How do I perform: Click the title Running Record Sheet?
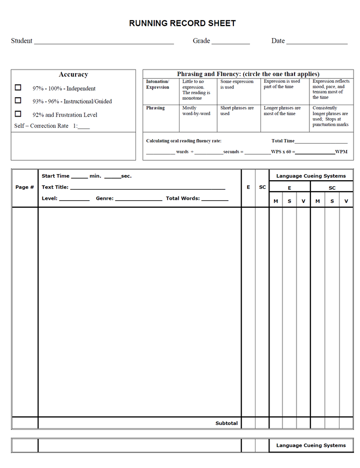182,23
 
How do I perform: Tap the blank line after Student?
103,42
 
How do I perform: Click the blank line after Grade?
230,42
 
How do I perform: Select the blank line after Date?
316,42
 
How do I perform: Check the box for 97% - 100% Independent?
18,88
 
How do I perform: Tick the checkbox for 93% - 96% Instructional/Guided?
18,100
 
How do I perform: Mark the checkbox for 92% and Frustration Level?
18,114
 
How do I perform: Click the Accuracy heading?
73,75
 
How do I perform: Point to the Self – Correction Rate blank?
84,127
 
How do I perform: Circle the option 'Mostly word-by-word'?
196,111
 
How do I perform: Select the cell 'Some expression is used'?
237,84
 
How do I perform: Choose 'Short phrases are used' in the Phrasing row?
237,111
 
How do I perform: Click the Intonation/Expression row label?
157,84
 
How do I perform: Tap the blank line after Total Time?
321,142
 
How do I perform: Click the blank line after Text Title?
147,188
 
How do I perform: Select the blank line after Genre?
138,199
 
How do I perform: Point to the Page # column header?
24,187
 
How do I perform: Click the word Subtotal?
226,423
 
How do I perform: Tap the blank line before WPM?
315,153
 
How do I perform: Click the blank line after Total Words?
215,199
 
